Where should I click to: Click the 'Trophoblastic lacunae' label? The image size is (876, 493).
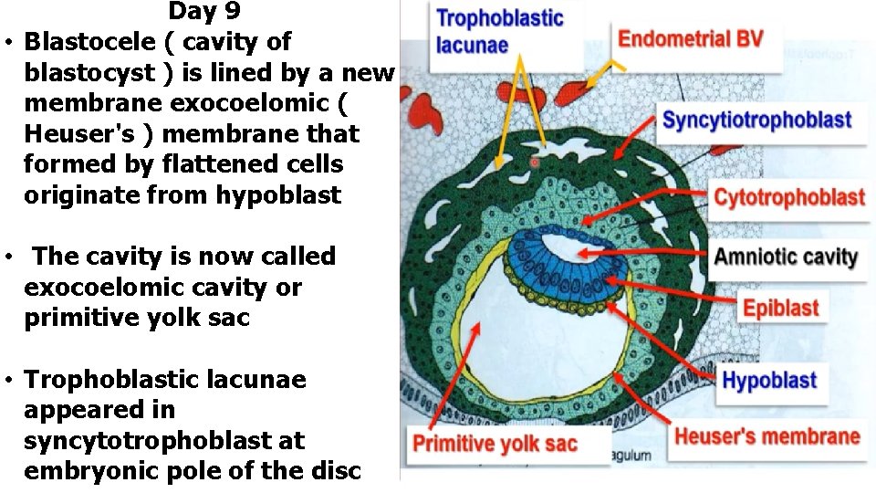click(x=499, y=31)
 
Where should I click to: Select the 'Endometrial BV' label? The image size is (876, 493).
click(x=690, y=39)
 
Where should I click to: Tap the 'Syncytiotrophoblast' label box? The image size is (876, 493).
click(x=756, y=120)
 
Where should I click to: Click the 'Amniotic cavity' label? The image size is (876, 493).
click(x=785, y=256)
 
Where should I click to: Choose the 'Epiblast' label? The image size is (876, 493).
click(x=780, y=308)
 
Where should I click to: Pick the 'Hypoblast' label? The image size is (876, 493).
click(x=768, y=380)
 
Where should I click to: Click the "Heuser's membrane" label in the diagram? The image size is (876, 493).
click(x=766, y=435)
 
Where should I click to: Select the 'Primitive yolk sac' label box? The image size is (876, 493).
click(x=495, y=444)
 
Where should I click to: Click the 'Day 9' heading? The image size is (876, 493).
click(x=203, y=12)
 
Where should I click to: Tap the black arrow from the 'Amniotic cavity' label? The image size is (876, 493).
click(x=648, y=253)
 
